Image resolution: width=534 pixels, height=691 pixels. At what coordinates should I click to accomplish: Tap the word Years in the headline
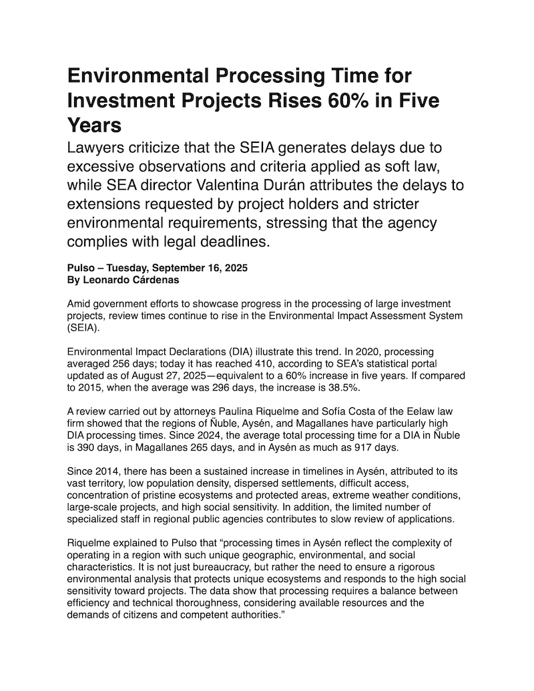[x=95, y=126]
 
